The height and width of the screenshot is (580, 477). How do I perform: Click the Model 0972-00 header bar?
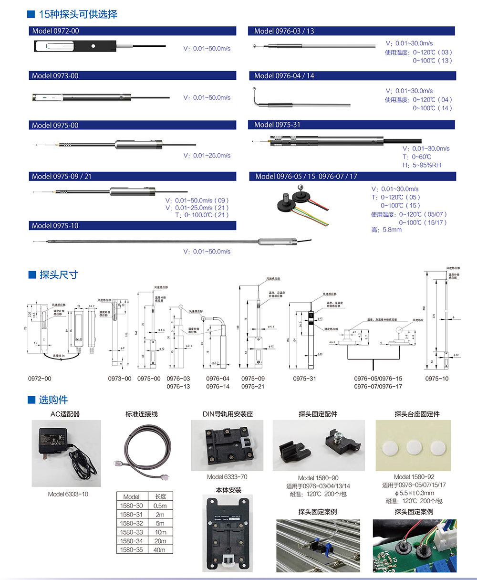pyautogui.click(x=132, y=31)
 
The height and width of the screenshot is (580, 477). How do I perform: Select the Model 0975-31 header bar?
pyautogui.click(x=351, y=125)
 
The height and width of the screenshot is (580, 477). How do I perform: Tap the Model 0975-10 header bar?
pyautogui.click(x=132, y=225)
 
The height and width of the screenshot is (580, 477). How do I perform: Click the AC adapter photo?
pyautogui.click(x=66, y=453)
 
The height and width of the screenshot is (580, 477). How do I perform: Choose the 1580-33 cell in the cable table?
pyautogui.click(x=131, y=532)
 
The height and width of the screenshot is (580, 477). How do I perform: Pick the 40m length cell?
pyautogui.click(x=160, y=550)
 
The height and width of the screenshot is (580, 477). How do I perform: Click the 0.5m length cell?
pyautogui.click(x=160, y=506)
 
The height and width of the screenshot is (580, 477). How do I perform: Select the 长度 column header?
pyautogui.click(x=160, y=496)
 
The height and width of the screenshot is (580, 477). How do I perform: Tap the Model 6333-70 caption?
pyautogui.click(x=227, y=477)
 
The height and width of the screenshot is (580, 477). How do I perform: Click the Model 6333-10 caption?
pyautogui.click(x=68, y=494)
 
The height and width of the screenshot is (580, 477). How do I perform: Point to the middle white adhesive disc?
pyautogui.click(x=414, y=448)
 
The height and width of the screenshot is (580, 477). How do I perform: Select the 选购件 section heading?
pyautogui.click(x=53, y=400)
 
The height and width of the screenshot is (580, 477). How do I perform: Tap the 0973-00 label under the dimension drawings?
pyautogui.click(x=119, y=379)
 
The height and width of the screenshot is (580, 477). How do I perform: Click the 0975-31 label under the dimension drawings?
pyautogui.click(x=304, y=379)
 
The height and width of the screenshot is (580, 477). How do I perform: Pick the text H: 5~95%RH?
pyautogui.click(x=422, y=165)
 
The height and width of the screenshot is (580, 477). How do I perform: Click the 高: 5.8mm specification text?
pyautogui.click(x=386, y=230)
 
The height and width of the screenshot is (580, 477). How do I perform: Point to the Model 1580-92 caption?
pyautogui.click(x=414, y=477)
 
